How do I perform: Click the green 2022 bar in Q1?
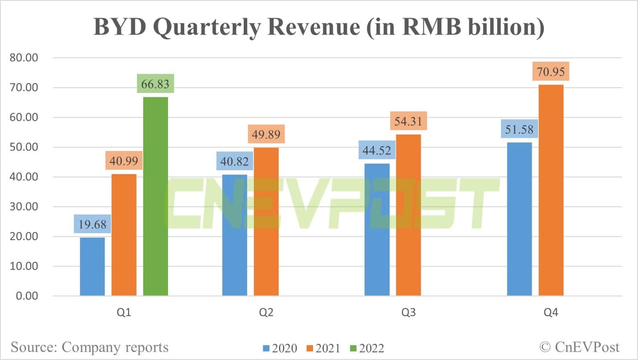click(155, 196)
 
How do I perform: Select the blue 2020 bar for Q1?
click(92, 266)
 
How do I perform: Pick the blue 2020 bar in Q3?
click(377, 229)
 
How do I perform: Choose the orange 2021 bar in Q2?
click(266, 222)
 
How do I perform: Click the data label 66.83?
click(155, 84)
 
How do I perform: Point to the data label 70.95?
click(551, 71)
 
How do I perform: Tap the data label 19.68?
click(92, 224)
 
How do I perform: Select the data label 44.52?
click(377, 150)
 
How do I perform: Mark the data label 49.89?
click(266, 134)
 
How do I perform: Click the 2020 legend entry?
click(280, 348)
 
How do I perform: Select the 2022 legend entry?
click(367, 348)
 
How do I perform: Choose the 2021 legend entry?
click(323, 348)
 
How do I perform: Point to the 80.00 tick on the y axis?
click(24, 57)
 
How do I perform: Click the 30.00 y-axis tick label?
click(24, 206)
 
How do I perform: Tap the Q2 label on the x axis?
click(266, 312)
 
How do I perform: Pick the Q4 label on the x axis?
click(551, 312)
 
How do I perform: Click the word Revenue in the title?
click(313, 26)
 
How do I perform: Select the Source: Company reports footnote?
click(90, 347)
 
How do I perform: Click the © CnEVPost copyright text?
click(579, 347)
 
